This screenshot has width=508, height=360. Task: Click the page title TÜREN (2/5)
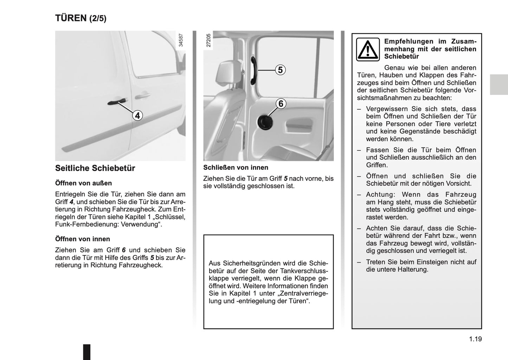81,18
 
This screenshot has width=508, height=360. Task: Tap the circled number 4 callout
137,115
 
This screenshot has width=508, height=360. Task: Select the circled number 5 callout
280,70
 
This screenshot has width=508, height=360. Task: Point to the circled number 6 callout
281,104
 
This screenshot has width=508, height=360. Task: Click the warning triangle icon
368,50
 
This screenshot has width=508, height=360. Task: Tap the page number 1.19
475,339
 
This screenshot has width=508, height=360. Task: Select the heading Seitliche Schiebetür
95,168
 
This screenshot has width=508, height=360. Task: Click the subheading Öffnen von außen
83,183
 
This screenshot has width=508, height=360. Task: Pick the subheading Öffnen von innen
82,239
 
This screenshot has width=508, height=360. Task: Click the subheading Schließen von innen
236,168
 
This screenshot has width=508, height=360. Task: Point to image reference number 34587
181,40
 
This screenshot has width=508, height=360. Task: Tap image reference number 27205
208,40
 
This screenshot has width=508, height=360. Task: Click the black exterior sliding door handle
116,102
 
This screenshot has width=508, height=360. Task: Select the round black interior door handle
264,122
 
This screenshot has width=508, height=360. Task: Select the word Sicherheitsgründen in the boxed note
253,263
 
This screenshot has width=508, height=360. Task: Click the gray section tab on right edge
499,85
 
